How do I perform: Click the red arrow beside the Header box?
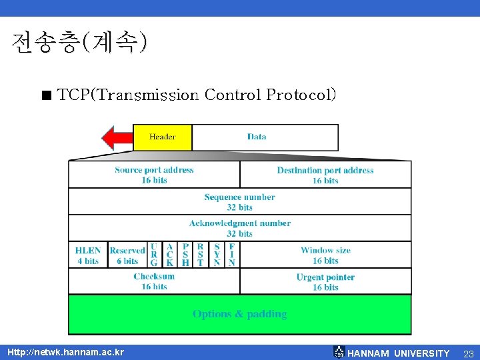point(117,137)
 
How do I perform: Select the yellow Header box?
point(163,137)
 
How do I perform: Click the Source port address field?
point(154,175)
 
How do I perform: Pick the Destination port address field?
point(325,175)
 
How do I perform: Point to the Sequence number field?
point(239,202)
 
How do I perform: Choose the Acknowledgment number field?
point(239,228)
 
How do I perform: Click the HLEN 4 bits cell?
point(88,255)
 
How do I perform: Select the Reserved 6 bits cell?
point(127,255)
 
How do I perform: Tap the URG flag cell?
point(154,255)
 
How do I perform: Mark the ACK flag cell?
point(169,255)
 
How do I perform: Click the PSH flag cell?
point(185,255)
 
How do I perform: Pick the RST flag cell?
point(201,255)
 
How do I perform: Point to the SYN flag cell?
point(217,255)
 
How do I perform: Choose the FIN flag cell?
point(232,255)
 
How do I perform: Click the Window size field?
point(325,255)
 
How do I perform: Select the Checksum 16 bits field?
point(154,281)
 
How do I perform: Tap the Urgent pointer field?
point(325,281)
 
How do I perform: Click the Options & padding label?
point(239,314)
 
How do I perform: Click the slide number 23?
point(468,353)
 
